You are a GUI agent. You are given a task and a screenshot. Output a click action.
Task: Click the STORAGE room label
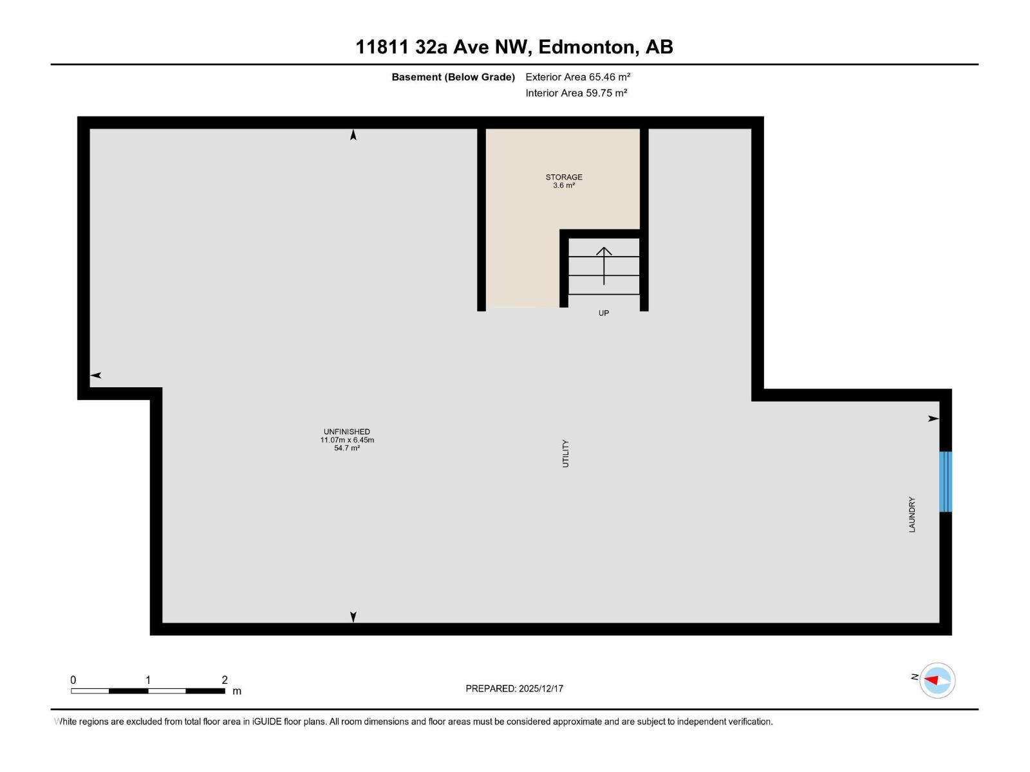(564, 177)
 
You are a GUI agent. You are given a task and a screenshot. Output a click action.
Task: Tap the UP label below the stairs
(603, 313)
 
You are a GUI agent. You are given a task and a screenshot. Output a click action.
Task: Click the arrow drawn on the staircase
(604, 265)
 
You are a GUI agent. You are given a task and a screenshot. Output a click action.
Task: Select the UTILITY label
(566, 454)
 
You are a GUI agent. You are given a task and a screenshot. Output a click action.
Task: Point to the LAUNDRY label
(912, 515)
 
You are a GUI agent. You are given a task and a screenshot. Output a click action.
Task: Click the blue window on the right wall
(945, 482)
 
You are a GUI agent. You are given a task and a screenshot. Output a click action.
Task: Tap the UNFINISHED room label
(347, 432)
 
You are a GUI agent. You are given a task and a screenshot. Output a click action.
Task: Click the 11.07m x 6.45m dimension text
(347, 440)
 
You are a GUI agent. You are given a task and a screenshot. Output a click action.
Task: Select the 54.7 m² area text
(347, 448)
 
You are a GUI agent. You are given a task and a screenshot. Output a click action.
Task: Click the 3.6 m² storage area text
(564, 185)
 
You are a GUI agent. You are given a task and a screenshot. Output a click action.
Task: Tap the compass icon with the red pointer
(937, 680)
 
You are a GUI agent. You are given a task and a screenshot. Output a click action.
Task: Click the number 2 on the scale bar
(225, 680)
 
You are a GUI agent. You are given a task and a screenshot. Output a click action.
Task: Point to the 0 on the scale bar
(73, 680)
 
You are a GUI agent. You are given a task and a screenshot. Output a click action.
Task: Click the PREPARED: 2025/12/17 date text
(514, 688)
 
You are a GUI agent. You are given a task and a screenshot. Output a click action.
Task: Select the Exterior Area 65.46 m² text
(577, 77)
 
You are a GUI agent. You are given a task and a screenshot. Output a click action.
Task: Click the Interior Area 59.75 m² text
(576, 93)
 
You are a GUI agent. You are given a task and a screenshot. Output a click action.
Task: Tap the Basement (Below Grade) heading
(453, 77)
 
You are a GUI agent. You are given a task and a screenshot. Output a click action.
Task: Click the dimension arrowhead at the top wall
(353, 135)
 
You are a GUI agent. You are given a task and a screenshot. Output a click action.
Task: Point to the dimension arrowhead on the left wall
(96, 375)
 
